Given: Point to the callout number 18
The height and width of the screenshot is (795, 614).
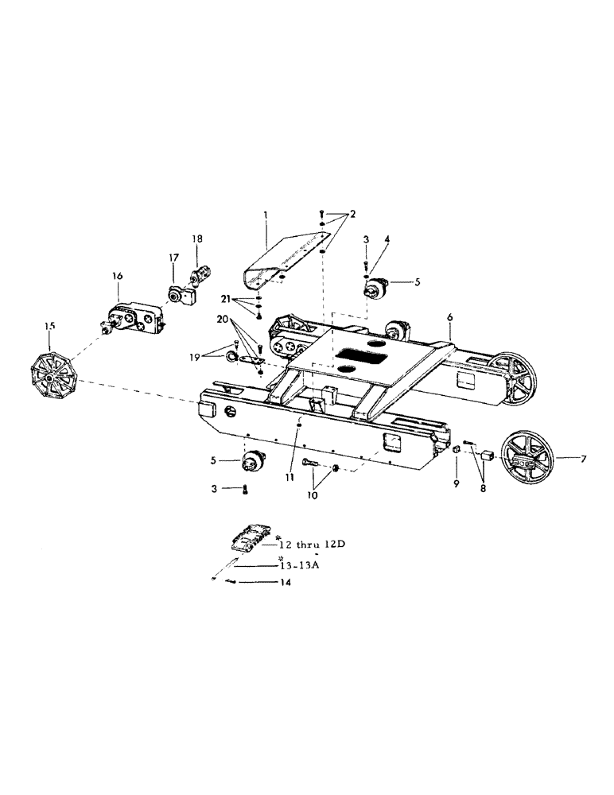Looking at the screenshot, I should (x=197, y=238).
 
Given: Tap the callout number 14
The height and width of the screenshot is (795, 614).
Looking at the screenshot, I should (x=285, y=583).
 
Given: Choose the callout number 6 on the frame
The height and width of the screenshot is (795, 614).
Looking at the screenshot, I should (x=449, y=316).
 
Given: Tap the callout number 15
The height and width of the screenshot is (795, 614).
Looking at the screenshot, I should (x=50, y=325).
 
